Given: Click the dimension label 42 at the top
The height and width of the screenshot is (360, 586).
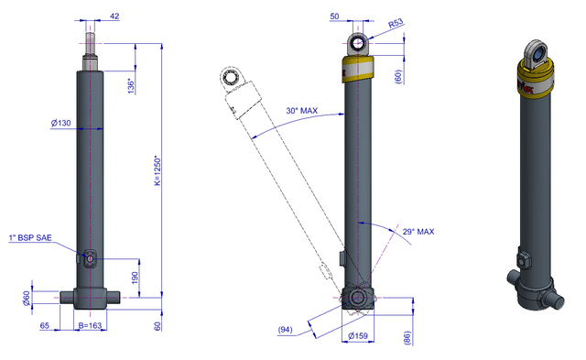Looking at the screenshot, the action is click(114, 16).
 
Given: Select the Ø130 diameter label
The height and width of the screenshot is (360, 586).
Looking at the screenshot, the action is click(61, 123).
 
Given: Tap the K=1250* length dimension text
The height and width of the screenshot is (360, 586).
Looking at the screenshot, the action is click(157, 170).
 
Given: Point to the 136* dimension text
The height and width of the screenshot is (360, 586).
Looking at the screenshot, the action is click(131, 86).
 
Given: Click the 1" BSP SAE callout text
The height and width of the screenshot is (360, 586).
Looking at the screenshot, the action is click(30, 238).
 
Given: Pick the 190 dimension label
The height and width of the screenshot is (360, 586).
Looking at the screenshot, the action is click(135, 278).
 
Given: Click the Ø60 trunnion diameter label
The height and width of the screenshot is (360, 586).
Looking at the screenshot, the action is click(27, 299).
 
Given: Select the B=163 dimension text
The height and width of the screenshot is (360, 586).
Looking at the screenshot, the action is click(90, 325).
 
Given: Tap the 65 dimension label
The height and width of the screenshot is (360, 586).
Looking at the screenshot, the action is click(45, 325).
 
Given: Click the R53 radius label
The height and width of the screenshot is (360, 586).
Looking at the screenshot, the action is click(396, 23).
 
